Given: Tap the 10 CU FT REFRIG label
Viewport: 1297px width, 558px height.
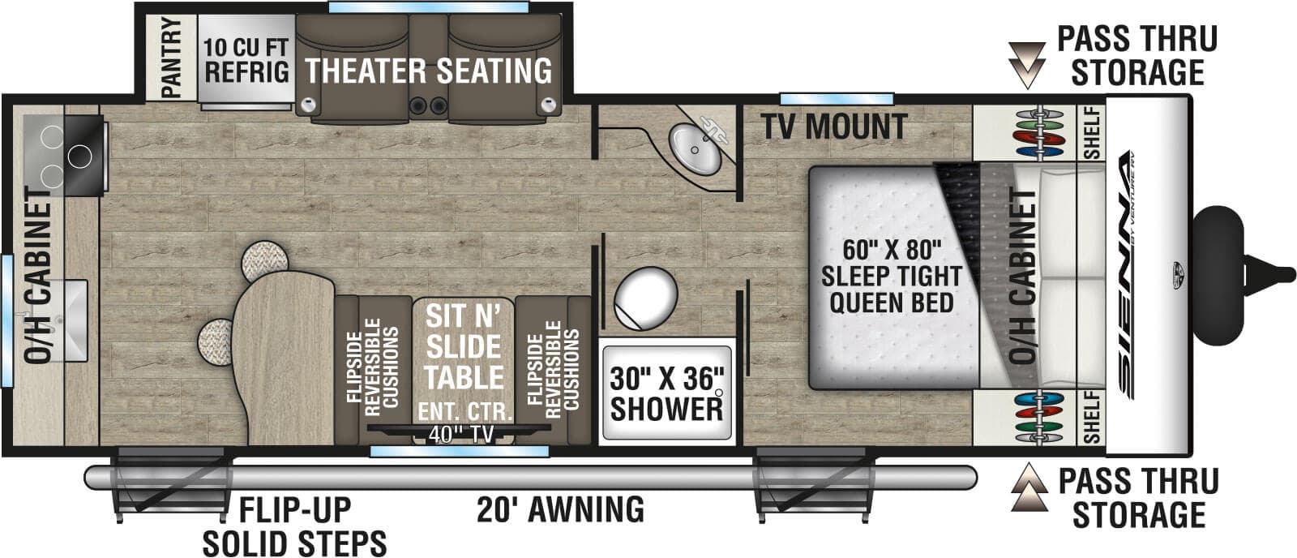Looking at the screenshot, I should pos(246,59).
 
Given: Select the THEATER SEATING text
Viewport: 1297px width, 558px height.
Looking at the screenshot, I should pos(429,71).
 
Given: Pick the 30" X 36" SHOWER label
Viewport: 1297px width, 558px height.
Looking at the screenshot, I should pos(666,393).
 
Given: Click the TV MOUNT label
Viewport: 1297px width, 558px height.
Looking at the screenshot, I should pos(834,127).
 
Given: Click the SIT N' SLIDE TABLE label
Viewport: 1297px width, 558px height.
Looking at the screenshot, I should pos(464,347).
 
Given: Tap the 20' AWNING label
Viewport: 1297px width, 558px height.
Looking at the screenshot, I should pos(560,510).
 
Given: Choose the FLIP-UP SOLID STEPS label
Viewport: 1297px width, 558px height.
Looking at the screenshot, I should pos(294,526).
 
